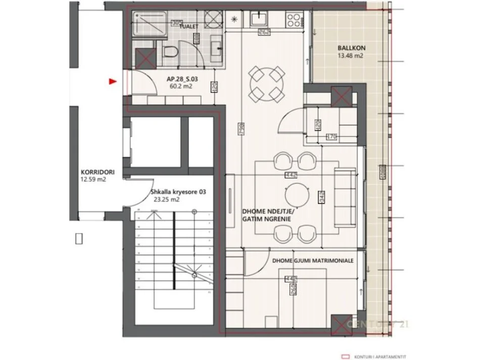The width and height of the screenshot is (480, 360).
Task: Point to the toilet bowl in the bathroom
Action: click(171, 51)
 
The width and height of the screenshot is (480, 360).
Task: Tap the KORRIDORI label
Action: click(94, 172)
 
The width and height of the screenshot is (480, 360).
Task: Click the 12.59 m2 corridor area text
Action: click(93, 179)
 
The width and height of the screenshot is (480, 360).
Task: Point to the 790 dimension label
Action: click(239, 131)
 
